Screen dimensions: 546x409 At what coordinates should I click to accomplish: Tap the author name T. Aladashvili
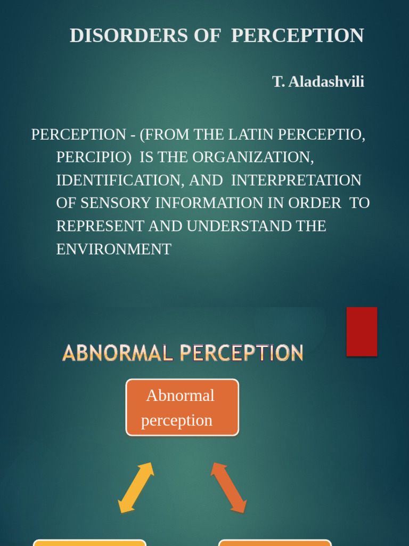tap(318, 82)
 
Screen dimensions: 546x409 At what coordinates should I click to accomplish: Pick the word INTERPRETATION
tap(296, 180)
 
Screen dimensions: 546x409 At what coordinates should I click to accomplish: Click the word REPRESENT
tap(100, 226)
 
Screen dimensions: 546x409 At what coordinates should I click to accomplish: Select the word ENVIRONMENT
tap(113, 249)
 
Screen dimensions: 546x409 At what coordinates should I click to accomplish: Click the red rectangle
tap(362, 331)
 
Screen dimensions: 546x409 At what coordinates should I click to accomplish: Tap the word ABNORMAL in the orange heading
tap(118, 353)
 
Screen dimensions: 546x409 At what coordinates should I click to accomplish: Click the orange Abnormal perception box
tap(182, 407)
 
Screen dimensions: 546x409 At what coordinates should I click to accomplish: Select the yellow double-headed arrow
tap(136, 487)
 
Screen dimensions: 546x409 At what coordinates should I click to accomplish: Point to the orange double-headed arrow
tap(229, 487)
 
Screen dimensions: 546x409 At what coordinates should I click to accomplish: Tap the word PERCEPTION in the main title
tap(297, 36)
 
